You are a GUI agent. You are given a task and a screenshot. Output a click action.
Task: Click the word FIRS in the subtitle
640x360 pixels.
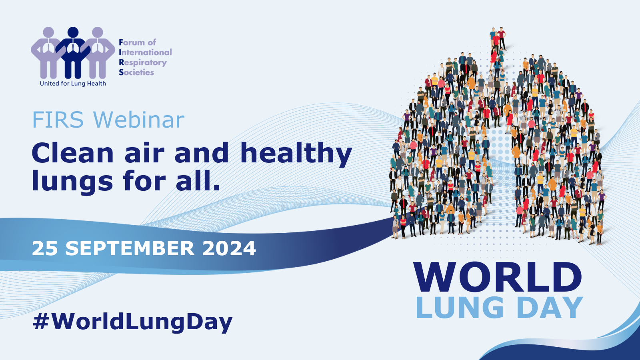click(x=58, y=120)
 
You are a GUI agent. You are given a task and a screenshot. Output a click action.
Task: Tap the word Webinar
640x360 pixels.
click(x=139, y=120)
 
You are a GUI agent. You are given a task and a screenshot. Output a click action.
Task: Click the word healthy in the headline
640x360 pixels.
click(x=296, y=154)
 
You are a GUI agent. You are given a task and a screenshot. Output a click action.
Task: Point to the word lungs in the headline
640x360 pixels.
click(x=72, y=181)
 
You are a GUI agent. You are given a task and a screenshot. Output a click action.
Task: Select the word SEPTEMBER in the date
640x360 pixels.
click(x=130, y=248)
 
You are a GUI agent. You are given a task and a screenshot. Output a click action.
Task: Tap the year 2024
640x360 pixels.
click(x=229, y=248)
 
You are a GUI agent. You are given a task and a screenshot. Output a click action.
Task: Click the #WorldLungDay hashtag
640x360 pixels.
click(x=132, y=322)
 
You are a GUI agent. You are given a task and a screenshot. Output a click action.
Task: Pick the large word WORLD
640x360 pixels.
click(x=498, y=278)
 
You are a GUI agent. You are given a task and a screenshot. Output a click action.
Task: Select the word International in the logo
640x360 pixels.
click(x=145, y=52)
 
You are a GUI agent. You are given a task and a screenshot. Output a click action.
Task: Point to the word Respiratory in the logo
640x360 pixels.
click(x=143, y=63)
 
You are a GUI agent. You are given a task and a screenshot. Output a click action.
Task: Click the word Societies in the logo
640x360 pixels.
click(x=136, y=72)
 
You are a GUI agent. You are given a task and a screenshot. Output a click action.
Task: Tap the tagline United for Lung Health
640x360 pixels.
click(x=73, y=84)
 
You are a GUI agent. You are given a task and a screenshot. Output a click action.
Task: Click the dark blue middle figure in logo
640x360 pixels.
click(x=73, y=56)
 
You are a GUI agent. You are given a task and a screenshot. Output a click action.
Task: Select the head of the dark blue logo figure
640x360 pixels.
click(x=73, y=32)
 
